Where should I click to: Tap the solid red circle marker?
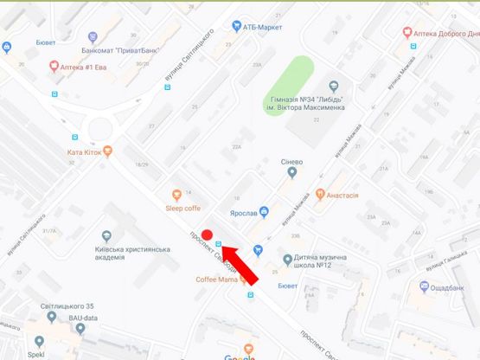[207, 234]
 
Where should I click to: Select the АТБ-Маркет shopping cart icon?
[236, 27]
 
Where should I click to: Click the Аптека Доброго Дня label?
[446, 33]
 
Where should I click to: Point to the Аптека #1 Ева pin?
[54, 65]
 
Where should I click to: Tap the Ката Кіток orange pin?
[108, 151]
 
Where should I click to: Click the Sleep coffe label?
[182, 208]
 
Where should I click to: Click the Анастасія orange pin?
[320, 194]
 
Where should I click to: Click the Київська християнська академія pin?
[106, 235]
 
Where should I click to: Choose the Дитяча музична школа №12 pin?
[289, 260]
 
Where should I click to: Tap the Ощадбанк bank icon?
[423, 286]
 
